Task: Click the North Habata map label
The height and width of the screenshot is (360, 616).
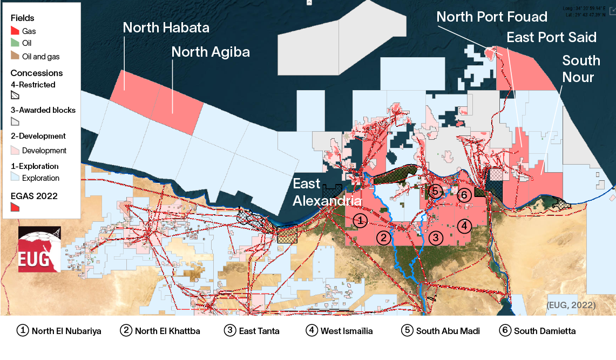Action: [x=166, y=27]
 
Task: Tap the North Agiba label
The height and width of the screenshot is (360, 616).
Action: [x=211, y=52]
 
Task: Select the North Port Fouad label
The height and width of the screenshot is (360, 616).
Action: [x=492, y=17]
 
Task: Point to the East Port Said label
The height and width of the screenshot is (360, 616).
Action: [x=551, y=37]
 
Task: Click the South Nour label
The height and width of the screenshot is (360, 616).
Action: [x=580, y=69]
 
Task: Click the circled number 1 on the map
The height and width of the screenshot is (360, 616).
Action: [x=361, y=220]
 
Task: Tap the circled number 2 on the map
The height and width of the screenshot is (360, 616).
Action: [x=383, y=237]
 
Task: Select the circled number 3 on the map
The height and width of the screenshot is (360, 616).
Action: [x=436, y=237]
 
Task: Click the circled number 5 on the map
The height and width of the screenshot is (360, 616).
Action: [x=436, y=191]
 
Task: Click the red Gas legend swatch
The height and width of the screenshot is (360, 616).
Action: [x=15, y=31]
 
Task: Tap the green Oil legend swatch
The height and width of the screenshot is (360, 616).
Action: [x=15, y=44]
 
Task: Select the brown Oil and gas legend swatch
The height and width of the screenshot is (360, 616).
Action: [x=15, y=56]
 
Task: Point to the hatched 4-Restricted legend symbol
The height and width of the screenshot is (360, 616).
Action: [x=15, y=95]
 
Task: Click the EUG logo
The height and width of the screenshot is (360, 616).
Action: [x=39, y=249]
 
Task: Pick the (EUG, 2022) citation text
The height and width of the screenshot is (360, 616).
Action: [x=571, y=305]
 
